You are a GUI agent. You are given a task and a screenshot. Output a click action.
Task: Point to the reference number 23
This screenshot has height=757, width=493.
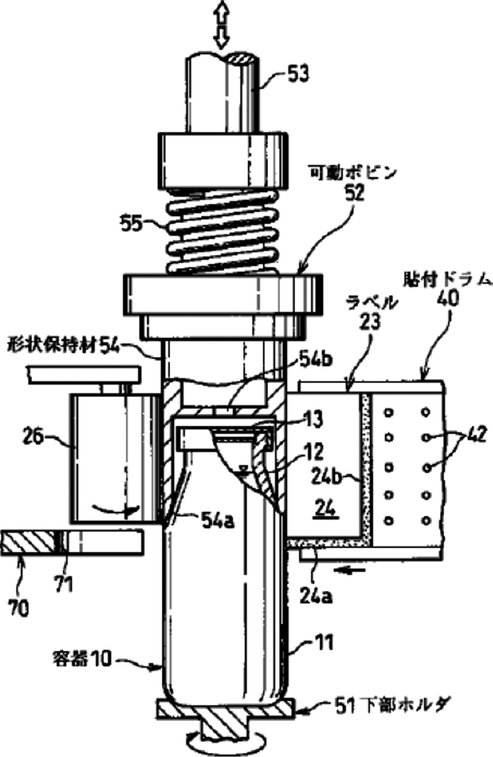click(370, 323)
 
